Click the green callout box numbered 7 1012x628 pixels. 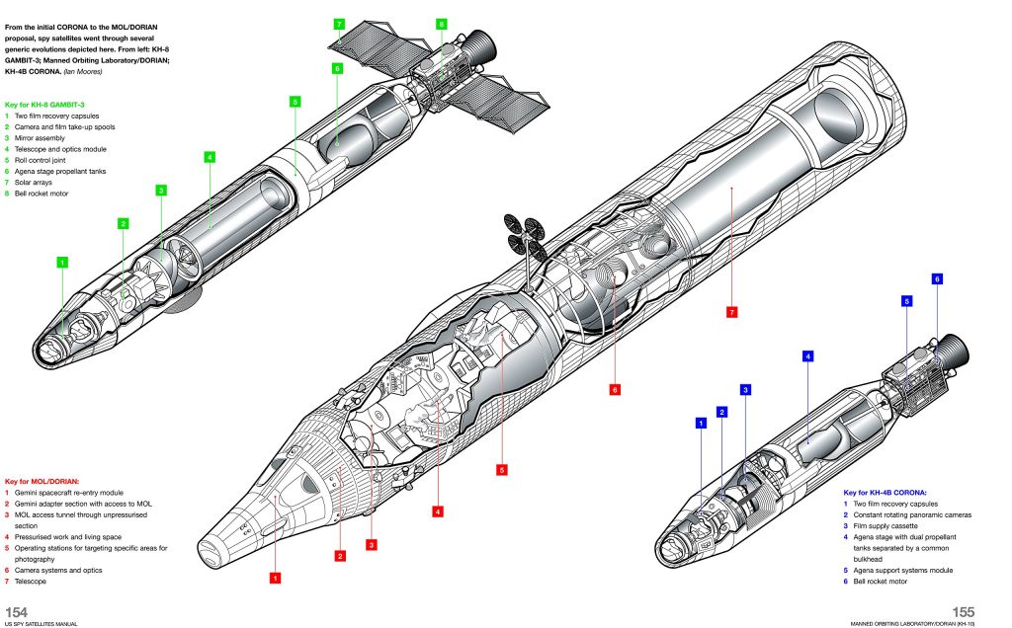pos(339,23)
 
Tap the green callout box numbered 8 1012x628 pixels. pos(441,23)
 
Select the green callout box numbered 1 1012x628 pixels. pos(62,263)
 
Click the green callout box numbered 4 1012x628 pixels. pos(210,156)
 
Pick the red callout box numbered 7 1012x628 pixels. pos(731,312)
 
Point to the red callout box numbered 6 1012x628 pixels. pos(614,389)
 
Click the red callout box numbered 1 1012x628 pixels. pos(276,577)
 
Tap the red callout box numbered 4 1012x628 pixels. pos(437,510)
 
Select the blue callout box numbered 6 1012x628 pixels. pos(937,279)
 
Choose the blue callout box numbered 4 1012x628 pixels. pos(807,355)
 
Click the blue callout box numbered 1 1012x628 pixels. pos(701,423)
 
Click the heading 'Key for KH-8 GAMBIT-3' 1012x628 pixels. pos(49,104)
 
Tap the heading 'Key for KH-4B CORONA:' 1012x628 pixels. pos(890,492)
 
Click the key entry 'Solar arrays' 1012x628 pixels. pos(34,183)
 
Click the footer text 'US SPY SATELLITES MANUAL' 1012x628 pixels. pos(41,624)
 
